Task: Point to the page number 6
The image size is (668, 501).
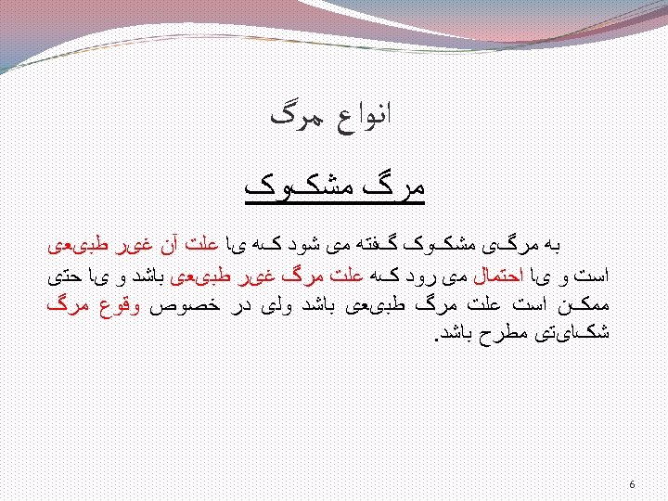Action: (x=632, y=484)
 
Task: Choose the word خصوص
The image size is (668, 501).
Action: (x=185, y=304)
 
